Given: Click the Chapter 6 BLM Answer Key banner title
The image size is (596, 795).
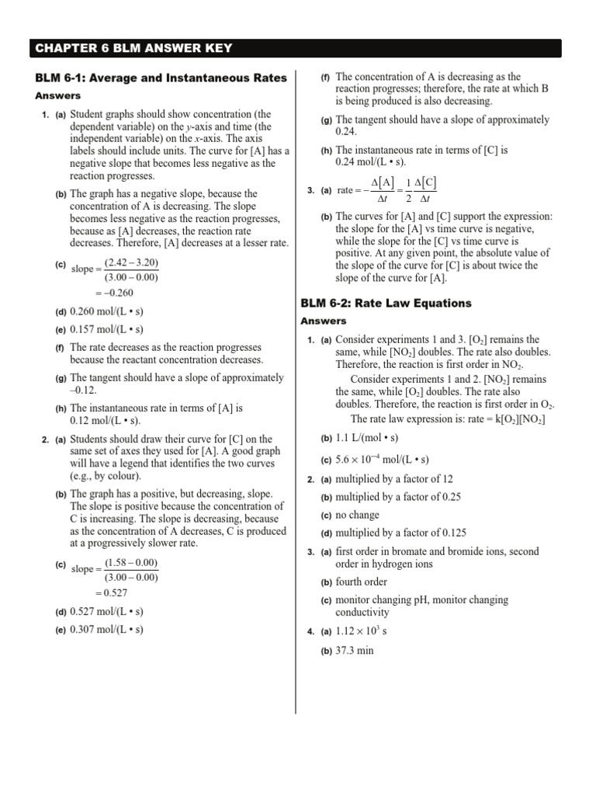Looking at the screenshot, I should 133,48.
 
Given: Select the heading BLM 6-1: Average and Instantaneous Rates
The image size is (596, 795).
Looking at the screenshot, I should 161,78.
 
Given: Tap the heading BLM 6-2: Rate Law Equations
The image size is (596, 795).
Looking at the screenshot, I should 386,303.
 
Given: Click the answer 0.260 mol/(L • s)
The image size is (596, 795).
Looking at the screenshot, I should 106,311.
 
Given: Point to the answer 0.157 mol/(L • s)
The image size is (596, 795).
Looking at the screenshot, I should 106,329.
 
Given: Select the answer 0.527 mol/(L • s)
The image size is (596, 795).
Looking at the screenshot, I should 106,612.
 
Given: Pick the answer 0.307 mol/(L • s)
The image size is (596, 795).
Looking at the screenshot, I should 106,630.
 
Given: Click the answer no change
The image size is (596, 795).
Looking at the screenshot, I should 358,515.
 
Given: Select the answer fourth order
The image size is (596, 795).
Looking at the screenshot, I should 361,581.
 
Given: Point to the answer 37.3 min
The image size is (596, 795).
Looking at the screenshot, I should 354,651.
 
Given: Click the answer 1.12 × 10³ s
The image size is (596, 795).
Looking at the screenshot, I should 361,631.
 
